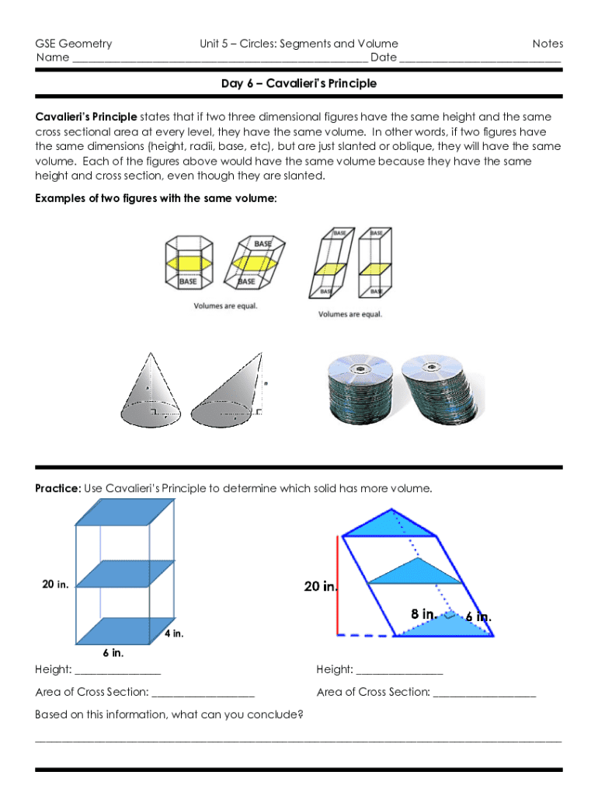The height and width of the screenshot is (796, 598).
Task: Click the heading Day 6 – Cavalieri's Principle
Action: point(299,84)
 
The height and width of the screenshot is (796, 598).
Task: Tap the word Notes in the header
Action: point(548,44)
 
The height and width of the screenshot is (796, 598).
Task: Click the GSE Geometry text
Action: point(74,44)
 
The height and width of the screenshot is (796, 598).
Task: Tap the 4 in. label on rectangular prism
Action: point(173,634)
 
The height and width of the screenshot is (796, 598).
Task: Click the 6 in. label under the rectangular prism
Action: point(113,652)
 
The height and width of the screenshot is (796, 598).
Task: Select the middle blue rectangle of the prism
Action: point(125,574)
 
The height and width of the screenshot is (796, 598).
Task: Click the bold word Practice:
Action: point(58,489)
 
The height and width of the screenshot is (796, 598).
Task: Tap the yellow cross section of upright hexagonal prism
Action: point(188,264)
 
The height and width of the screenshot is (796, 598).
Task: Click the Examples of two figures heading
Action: point(155,198)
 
